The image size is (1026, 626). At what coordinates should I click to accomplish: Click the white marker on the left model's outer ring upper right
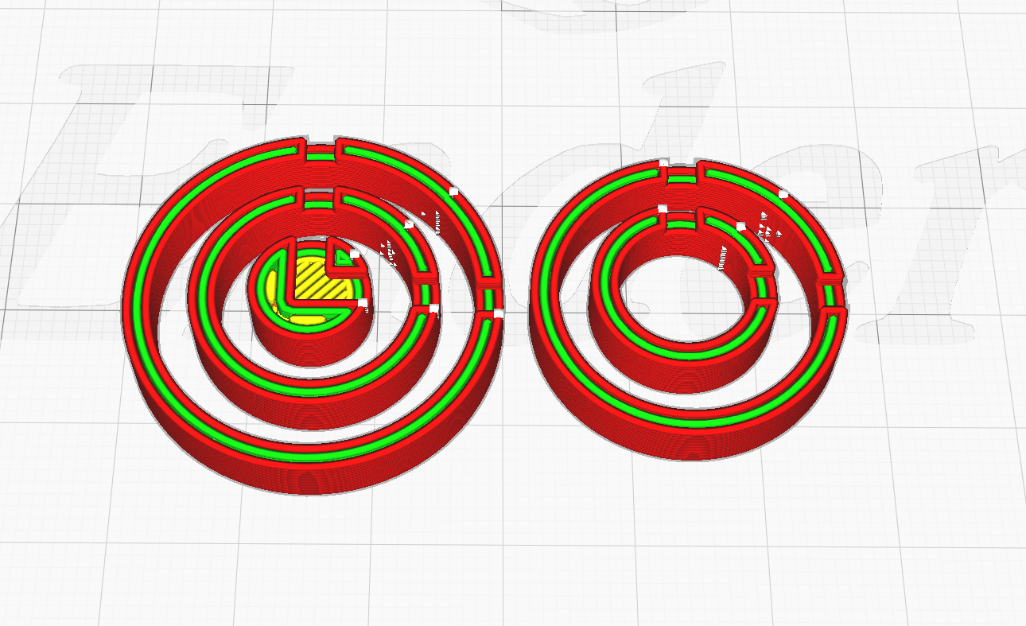[x=454, y=191]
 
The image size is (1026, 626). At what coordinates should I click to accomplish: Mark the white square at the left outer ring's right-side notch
[x=498, y=313]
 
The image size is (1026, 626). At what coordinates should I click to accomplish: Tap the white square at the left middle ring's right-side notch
[x=434, y=308]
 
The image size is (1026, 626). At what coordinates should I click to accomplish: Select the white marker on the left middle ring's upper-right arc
[x=409, y=224]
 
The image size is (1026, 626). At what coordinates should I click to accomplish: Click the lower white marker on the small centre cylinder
[x=363, y=303]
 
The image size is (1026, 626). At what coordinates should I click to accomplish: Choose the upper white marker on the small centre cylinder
[x=355, y=253]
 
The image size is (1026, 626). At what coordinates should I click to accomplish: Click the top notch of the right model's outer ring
[x=681, y=171]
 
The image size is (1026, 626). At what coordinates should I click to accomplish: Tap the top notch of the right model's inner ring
[x=680, y=216]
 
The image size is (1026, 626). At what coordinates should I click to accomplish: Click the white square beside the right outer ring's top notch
[x=663, y=163]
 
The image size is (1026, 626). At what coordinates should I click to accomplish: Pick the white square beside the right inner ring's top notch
[x=662, y=208]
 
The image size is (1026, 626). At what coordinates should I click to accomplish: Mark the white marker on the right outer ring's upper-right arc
[x=783, y=194]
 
